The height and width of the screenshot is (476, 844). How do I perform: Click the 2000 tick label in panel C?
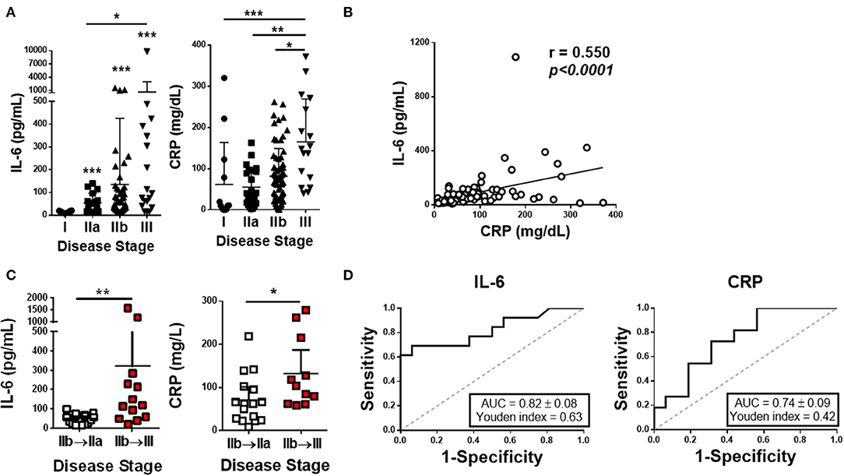coord(44,298)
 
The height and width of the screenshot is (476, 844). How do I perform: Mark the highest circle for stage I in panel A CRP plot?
coord(224,78)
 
